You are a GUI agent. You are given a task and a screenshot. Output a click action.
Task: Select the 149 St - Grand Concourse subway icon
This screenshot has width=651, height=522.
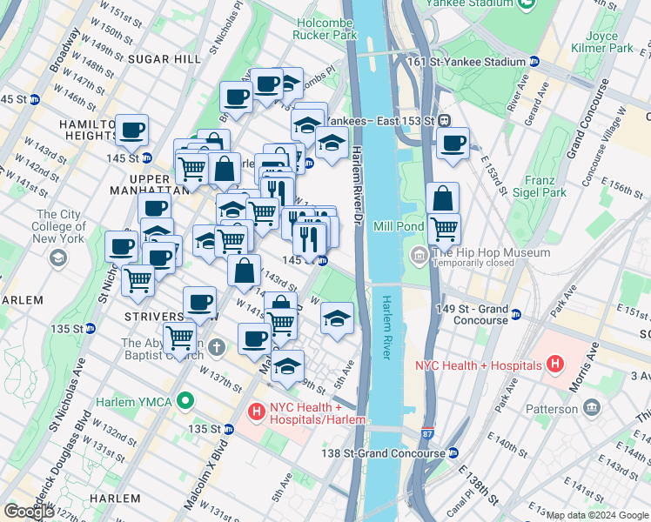pyautogui.click(x=516, y=315)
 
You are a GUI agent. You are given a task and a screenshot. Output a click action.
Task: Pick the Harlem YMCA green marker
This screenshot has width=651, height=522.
pyautogui.click(x=184, y=400)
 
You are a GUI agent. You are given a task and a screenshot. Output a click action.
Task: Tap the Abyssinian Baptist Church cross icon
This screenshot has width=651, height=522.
pyautogui.click(x=217, y=346)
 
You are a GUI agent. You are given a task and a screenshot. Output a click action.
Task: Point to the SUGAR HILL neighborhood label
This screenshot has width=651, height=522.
pyautogui.click(x=158, y=58)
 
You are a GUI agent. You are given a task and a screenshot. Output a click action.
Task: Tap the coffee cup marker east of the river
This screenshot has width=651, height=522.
pyautogui.click(x=453, y=144)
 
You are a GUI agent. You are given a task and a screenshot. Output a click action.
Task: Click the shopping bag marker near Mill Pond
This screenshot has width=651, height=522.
pyautogui.click(x=442, y=197)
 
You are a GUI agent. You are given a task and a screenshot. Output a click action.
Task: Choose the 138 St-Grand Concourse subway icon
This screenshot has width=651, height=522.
pyautogui.click(x=453, y=453)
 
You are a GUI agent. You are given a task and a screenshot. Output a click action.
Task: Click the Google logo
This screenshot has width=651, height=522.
pyautogui.click(x=30, y=511)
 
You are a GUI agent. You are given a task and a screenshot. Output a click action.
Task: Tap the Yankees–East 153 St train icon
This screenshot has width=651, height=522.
pyautogui.click(x=443, y=120)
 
